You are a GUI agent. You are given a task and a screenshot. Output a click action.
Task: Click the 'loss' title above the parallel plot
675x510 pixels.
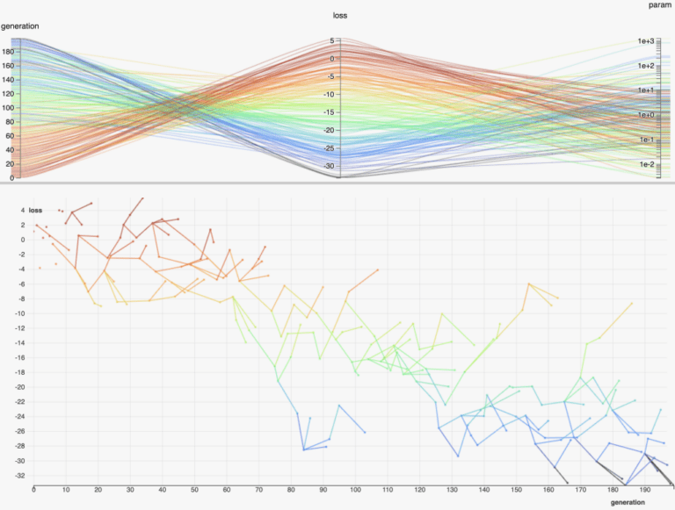[340, 16]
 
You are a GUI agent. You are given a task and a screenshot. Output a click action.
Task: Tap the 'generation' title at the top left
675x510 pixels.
[19, 26]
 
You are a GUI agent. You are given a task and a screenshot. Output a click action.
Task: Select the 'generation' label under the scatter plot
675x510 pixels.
[628, 501]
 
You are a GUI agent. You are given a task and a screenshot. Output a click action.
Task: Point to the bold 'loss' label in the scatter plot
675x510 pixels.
[35, 210]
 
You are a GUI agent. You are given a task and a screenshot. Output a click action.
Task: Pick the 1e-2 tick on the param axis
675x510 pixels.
[647, 164]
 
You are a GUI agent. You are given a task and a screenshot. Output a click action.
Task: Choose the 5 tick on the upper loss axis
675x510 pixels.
[333, 40]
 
